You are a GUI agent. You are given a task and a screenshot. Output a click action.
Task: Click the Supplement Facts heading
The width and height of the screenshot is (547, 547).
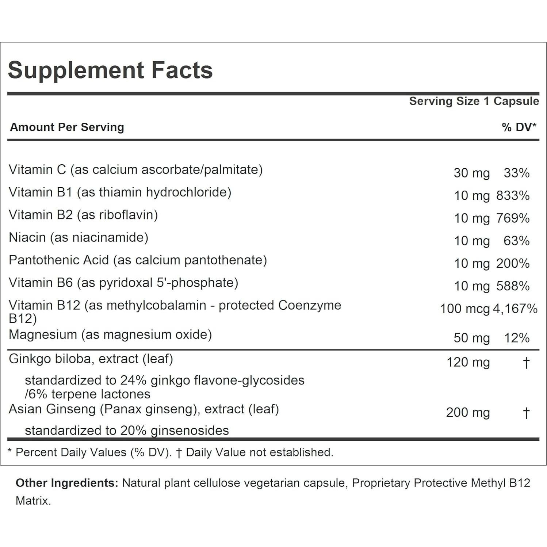[x=110, y=70]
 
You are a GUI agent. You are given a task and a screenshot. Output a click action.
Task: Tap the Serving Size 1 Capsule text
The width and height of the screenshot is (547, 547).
[x=474, y=101]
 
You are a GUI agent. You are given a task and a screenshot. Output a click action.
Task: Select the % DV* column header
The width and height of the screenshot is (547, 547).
[x=519, y=127]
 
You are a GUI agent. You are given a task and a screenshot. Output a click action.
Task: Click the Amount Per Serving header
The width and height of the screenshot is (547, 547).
[x=67, y=127]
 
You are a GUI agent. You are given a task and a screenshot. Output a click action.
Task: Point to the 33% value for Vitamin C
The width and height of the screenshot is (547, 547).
[x=516, y=173]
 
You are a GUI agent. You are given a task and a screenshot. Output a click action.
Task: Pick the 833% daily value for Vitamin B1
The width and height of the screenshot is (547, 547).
[x=513, y=196]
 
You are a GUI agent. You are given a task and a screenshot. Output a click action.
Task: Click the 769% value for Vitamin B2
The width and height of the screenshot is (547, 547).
[x=513, y=218]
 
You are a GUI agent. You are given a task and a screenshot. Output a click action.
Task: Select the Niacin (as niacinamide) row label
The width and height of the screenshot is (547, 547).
[x=79, y=237]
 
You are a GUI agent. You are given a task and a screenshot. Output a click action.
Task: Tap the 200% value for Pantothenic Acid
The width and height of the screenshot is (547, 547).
[x=513, y=263]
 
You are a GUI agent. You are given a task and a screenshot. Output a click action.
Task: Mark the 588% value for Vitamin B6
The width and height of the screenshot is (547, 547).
[x=513, y=286]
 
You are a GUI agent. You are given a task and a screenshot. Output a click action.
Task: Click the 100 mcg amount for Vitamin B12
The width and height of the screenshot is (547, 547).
[x=464, y=309]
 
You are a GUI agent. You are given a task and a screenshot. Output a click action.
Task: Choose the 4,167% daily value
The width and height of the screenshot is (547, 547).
[x=515, y=309]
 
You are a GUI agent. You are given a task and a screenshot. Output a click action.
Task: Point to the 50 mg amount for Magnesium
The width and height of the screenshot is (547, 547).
[x=471, y=338]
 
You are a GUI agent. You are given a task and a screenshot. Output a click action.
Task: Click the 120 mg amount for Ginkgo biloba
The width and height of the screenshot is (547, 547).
[x=468, y=362]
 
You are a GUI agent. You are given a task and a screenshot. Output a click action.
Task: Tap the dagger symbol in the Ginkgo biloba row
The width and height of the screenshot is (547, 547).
[x=526, y=363]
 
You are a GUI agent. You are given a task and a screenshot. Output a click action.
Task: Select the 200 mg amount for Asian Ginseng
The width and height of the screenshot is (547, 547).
[x=468, y=412]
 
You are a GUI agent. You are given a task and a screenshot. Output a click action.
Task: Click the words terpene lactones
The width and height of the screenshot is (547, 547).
[x=101, y=394]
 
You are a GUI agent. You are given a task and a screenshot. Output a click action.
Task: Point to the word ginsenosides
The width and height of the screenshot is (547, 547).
[x=190, y=431]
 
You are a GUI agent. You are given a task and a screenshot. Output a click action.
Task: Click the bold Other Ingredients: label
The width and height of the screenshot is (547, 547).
[x=67, y=483]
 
